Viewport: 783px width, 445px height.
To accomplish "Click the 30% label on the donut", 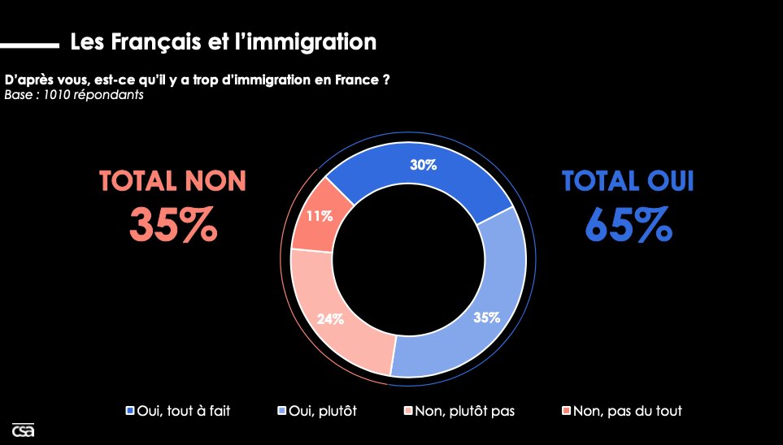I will coord(424,165).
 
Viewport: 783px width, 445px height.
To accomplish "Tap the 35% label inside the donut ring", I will coord(486,318).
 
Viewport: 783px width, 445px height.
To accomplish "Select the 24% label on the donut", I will coord(330,319).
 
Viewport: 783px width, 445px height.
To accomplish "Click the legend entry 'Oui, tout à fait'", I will coord(178,411).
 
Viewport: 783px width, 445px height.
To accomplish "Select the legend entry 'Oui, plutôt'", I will coord(318,411).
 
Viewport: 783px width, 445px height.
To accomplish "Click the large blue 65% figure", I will coord(628,225).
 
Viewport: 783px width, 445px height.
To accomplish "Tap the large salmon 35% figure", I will coord(173,225).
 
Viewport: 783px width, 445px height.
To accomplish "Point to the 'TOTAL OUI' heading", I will coord(628,180).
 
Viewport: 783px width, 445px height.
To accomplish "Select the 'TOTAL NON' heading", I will coord(172,180).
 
